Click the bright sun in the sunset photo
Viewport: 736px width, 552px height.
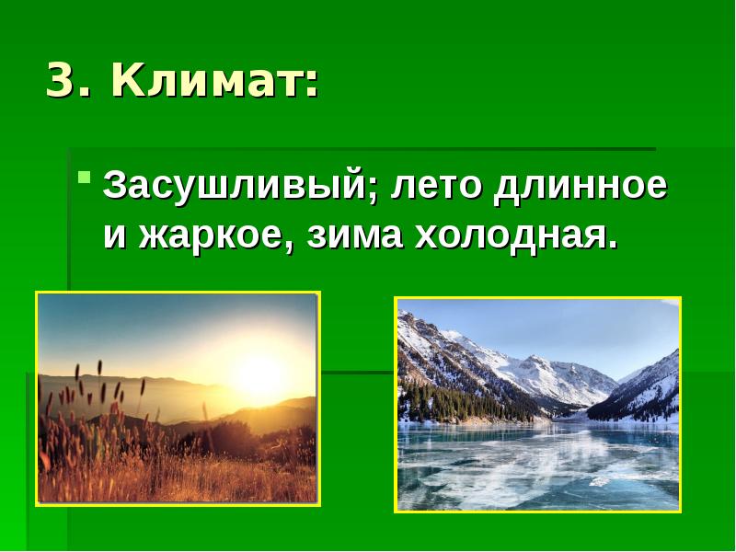[259, 373]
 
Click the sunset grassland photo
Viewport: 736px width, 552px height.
[178, 397]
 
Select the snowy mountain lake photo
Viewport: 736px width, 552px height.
[538, 404]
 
